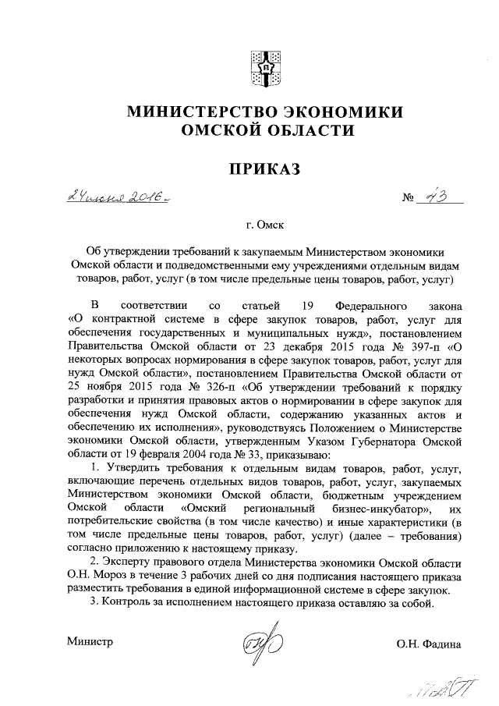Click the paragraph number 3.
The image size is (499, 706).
93,602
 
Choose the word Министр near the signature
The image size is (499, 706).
90,643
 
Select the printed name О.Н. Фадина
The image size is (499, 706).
428,644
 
